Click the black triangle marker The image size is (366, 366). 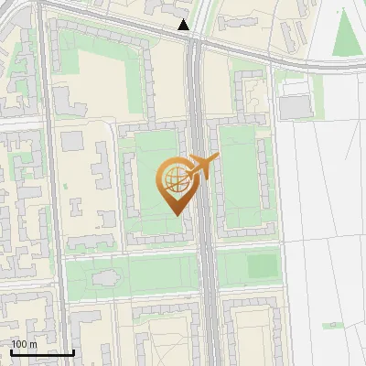(x=184, y=26)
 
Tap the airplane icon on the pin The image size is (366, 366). (x=202, y=167)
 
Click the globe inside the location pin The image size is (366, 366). (x=174, y=178)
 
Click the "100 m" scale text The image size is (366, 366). (x=24, y=344)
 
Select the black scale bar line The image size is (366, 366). (x=42, y=352)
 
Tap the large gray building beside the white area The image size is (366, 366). (x=295, y=107)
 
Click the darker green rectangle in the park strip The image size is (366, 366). (x=262, y=265)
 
